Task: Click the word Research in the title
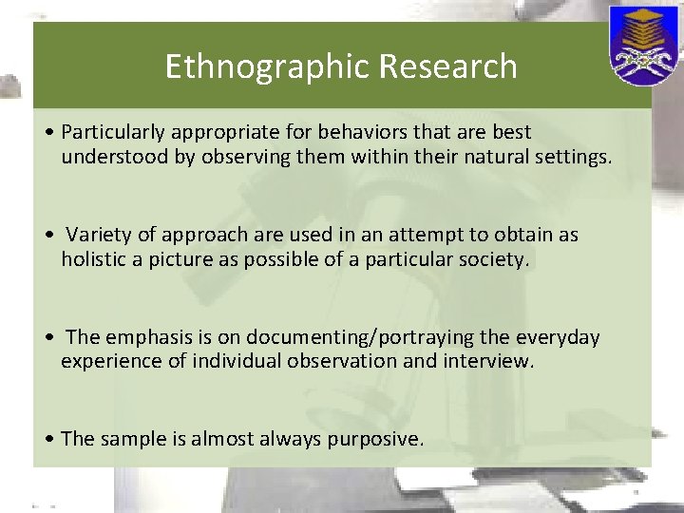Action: (447, 67)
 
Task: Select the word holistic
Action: (92, 259)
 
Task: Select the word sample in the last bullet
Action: (123, 439)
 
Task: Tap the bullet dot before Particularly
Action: (48, 133)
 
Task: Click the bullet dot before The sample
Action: (48, 440)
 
